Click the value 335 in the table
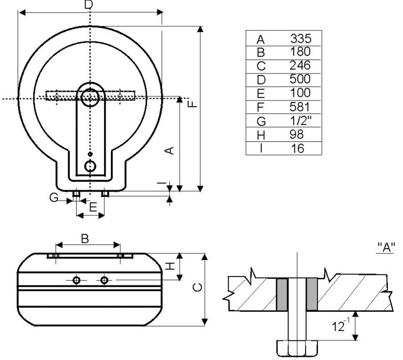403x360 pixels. tap(301, 38)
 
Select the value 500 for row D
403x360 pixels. tap(300, 79)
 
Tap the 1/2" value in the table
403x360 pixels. tap(301, 120)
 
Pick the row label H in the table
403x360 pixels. tap(261, 135)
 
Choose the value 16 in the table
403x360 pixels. tap(298, 149)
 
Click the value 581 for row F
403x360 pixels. tap(300, 107)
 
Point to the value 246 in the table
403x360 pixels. tap(300, 65)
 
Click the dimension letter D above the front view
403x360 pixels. tap(89, 5)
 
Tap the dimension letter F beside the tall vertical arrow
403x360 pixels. tap(192, 104)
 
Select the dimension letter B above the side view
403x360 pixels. tap(85, 238)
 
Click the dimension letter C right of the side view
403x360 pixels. tap(197, 287)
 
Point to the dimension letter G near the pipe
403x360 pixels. tap(54, 197)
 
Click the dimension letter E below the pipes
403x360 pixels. tap(93, 207)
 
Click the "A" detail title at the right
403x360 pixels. tap(386, 247)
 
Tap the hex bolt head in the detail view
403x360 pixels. tap(297, 348)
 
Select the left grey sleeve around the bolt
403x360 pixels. tap(282, 295)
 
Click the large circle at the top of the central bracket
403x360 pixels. tap(90, 97)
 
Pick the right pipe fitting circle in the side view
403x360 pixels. tap(104, 280)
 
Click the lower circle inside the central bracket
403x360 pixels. tap(90, 166)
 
